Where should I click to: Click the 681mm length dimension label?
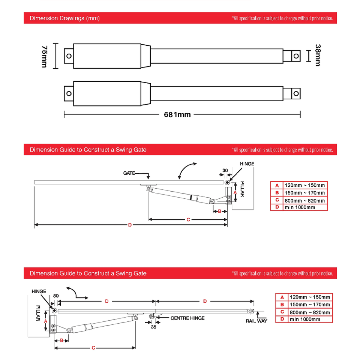click(177, 114)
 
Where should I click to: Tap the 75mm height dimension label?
click(44, 56)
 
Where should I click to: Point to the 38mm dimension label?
click(318, 55)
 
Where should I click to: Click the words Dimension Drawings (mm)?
click(64, 18)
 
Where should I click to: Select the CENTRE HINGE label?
click(187, 318)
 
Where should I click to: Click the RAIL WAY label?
click(256, 321)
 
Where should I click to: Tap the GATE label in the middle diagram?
click(129, 173)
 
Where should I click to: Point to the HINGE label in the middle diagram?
click(247, 164)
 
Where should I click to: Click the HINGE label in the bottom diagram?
click(39, 291)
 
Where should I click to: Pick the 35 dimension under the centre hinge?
click(153, 327)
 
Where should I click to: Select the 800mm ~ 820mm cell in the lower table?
click(310, 312)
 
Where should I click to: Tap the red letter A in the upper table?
click(277, 185)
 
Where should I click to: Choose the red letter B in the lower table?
click(282, 304)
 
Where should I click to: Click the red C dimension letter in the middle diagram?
click(188, 220)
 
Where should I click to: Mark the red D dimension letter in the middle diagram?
click(130, 225)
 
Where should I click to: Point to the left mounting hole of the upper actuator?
click(69, 56)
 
